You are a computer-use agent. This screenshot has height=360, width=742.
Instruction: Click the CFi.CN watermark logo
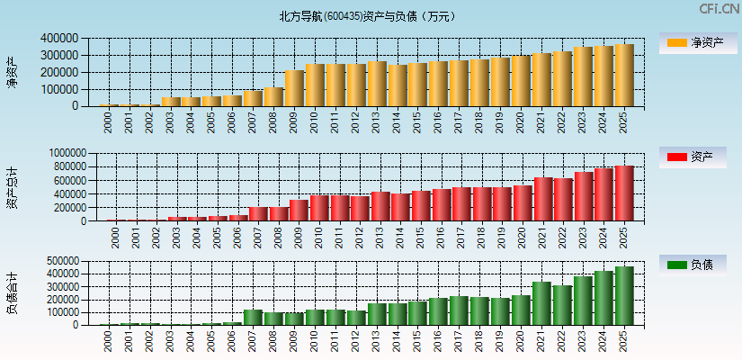pyautogui.click(x=719, y=9)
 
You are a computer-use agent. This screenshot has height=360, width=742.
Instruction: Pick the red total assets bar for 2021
pyautogui.click(x=542, y=199)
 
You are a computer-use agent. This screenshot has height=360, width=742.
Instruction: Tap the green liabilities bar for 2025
pyautogui.click(x=623, y=295)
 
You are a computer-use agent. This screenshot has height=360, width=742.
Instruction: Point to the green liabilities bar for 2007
pyautogui.click(x=254, y=317)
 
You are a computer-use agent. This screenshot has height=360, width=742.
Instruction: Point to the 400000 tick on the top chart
pyautogui.click(x=58, y=39)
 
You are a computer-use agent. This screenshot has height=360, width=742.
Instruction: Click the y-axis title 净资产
pyautogui.click(x=12, y=72)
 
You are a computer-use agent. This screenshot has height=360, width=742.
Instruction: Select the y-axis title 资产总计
pyautogui.click(x=12, y=188)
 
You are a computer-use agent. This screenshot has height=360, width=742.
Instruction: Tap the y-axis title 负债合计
pyautogui.click(x=12, y=292)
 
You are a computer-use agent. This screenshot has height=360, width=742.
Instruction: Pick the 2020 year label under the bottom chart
pyautogui.click(x=520, y=338)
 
